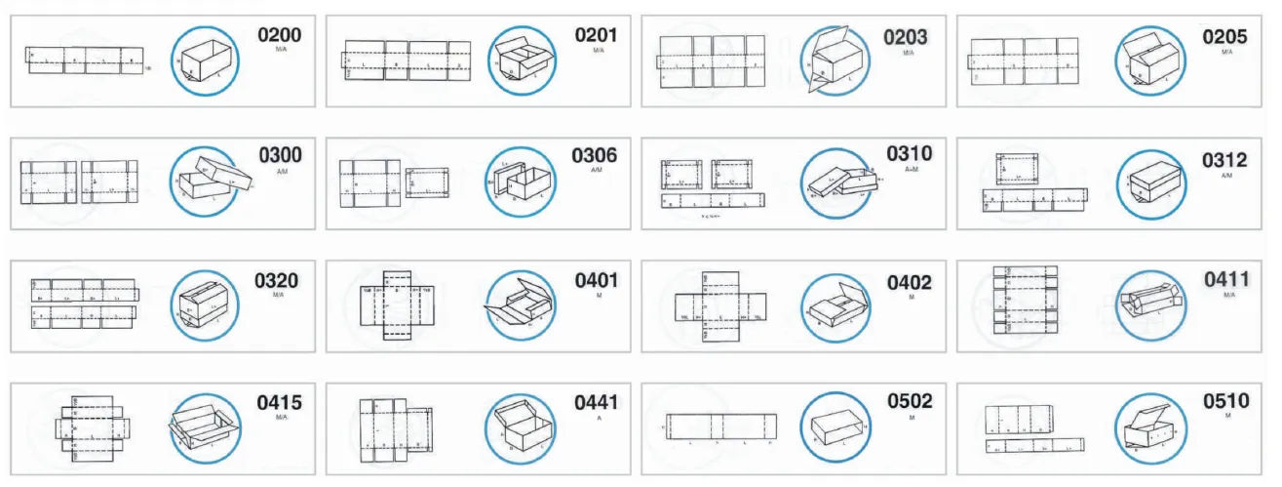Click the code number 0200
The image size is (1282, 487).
tap(279, 36)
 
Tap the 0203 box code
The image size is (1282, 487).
tap(905, 37)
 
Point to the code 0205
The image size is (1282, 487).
tap(1224, 37)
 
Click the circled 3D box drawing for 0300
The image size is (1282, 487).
tap(206, 181)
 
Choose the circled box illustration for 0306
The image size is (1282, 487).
tap(521, 181)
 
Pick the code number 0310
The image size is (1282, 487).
tap(909, 154)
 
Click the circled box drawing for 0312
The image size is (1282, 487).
tap(1151, 183)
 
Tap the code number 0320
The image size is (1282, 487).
tap(277, 281)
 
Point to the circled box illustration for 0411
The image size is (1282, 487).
tap(1150, 304)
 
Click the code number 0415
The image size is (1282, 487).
tap(279, 402)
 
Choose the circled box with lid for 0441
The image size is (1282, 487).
tap(520, 427)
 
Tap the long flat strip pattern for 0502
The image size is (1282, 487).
tap(720, 426)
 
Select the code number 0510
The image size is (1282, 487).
tap(1225, 401)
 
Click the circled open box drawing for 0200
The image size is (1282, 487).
tap(206, 61)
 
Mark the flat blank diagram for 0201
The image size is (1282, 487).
tap(407, 61)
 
